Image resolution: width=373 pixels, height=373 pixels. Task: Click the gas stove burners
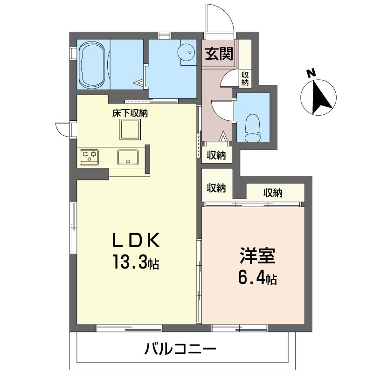tap(89, 156)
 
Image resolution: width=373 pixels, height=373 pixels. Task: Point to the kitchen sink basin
tap(127, 157)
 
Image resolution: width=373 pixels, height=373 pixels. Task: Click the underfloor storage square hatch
tap(130, 129)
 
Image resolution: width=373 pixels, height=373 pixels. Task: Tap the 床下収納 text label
tap(130, 113)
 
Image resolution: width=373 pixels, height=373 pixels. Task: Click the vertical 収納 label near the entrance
tap(245, 78)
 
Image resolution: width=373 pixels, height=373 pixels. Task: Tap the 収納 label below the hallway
tap(216, 155)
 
